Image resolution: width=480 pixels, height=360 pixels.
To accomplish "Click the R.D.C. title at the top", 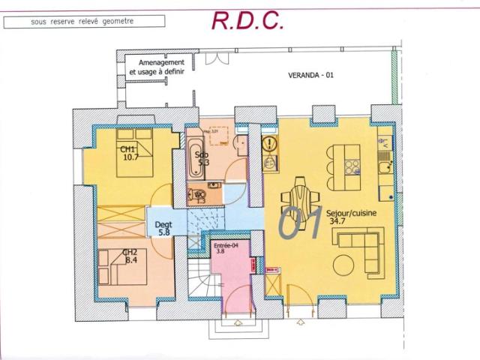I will pyautogui.click(x=247, y=20).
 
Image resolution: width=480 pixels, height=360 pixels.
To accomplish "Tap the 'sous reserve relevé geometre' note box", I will pyautogui.click(x=82, y=21).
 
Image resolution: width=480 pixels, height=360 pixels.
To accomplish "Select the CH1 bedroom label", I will pyautogui.click(x=127, y=149).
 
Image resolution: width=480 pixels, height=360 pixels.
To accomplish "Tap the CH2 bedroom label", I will pyautogui.click(x=130, y=253).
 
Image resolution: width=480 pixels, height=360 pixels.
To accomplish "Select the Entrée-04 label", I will pyautogui.click(x=225, y=245).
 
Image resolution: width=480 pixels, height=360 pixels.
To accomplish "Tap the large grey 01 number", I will pyautogui.click(x=300, y=223).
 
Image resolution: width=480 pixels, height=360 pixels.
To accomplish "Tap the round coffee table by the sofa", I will pyautogui.click(x=346, y=265).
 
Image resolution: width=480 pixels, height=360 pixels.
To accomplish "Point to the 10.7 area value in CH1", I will pyautogui.click(x=131, y=157).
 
